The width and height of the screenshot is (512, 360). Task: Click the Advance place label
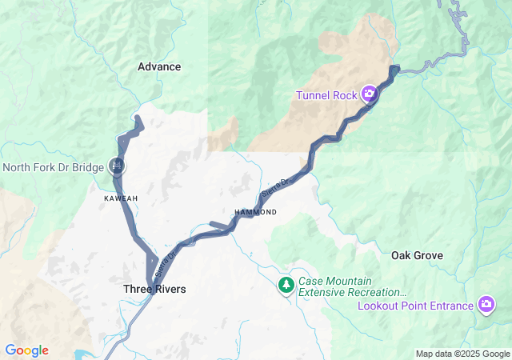click(x=159, y=66)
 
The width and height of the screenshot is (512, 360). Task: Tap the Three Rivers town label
click(x=154, y=288)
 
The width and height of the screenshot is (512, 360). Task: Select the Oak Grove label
click(x=417, y=255)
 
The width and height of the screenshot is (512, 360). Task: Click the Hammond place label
click(x=255, y=212)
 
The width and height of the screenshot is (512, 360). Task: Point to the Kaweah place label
click(x=121, y=198)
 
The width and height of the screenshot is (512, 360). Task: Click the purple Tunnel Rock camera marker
click(x=370, y=94)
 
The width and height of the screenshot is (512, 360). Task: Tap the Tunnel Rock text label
click(x=326, y=95)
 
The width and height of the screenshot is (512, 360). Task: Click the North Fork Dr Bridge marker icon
click(x=117, y=166)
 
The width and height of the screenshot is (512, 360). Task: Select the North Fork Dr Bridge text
click(x=53, y=167)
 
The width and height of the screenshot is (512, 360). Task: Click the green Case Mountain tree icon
click(x=286, y=285)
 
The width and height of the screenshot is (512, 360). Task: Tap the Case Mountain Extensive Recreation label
click(x=352, y=287)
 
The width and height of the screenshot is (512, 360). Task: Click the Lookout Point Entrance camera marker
click(x=486, y=305)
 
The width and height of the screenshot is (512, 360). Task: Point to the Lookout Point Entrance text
click(x=416, y=306)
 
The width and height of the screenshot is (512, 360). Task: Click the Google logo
click(x=26, y=350)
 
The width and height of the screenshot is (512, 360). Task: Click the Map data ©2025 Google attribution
click(x=462, y=354)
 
